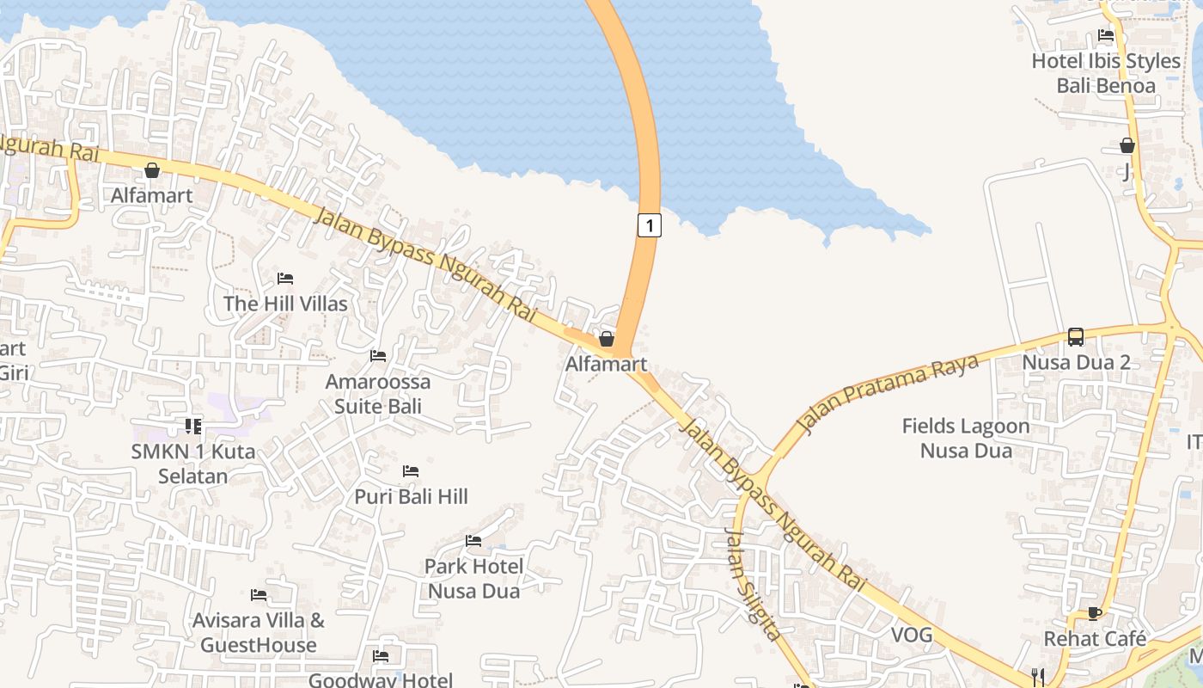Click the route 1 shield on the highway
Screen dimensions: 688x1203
click(x=650, y=225)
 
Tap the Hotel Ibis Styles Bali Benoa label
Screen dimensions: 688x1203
click(x=1106, y=73)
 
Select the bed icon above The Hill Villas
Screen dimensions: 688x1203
click(x=285, y=279)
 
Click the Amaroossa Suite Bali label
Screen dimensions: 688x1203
click(x=378, y=393)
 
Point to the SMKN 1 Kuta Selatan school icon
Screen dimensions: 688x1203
click(x=193, y=426)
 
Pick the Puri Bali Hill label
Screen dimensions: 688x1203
click(x=412, y=496)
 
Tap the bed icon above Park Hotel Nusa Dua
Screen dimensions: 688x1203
click(x=473, y=541)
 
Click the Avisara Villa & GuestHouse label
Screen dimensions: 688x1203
click(x=259, y=632)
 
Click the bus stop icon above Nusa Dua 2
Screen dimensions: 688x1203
click(x=1076, y=336)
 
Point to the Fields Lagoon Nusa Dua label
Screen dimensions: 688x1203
click(x=966, y=438)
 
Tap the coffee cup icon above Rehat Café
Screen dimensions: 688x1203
click(x=1094, y=613)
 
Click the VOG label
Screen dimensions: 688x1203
click(x=912, y=635)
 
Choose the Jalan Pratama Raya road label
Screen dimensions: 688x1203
click(x=889, y=393)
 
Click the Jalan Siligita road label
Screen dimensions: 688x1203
click(x=754, y=584)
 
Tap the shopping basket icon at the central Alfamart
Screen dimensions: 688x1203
click(x=607, y=339)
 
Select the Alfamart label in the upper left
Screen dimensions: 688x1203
click(x=152, y=195)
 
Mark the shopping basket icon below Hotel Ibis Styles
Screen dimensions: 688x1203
click(x=1127, y=146)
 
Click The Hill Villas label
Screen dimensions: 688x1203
click(x=285, y=304)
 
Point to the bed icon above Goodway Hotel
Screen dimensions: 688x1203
click(x=381, y=656)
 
